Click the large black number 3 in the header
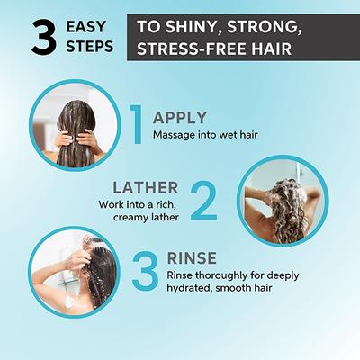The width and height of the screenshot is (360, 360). (x=44, y=38)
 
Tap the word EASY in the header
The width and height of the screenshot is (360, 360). (x=85, y=27)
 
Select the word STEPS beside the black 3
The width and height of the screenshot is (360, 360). (x=90, y=47)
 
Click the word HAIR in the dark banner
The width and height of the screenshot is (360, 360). (x=272, y=49)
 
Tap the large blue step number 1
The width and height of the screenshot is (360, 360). (x=137, y=124)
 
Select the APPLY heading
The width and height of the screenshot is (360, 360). (x=180, y=118)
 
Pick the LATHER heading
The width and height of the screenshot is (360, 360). (x=146, y=188)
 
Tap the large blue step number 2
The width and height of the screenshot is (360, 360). (x=204, y=200)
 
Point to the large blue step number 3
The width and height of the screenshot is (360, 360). (x=145, y=272)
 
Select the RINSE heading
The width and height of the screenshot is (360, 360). (x=192, y=258)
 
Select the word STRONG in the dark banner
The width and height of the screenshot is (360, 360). (x=264, y=27)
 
